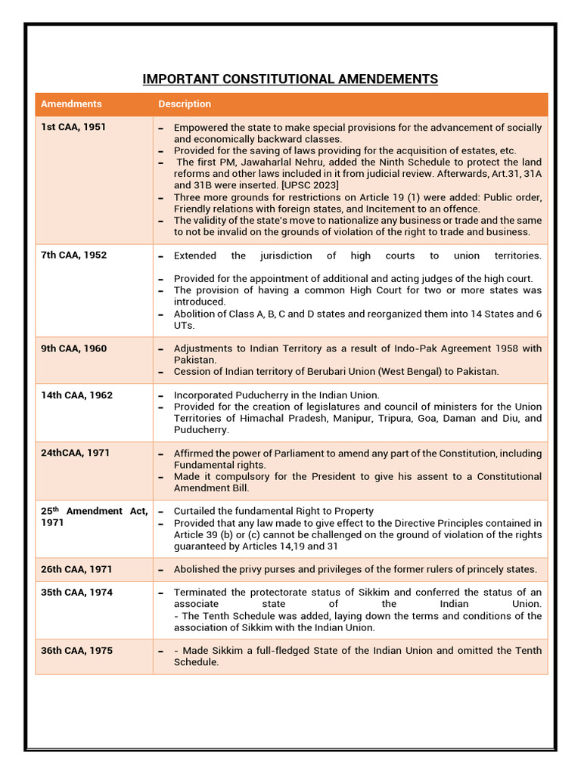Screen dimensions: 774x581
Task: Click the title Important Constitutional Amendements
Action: point(290,79)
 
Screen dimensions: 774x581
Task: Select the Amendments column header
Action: point(71,104)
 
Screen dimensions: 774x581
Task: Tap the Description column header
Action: point(185,104)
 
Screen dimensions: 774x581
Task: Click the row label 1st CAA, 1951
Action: point(73,127)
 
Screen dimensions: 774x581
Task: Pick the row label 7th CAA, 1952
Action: point(73,255)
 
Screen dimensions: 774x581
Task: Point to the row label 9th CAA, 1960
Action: point(73,348)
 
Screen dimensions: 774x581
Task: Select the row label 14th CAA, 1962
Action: point(76,395)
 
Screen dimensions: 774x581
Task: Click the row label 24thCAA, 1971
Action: point(75,453)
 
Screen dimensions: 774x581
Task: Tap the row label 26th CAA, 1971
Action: point(76,569)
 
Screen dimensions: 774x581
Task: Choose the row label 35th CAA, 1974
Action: point(76,593)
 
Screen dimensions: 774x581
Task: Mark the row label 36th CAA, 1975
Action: point(76,651)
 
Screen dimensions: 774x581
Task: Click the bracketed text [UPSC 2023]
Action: point(309,185)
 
